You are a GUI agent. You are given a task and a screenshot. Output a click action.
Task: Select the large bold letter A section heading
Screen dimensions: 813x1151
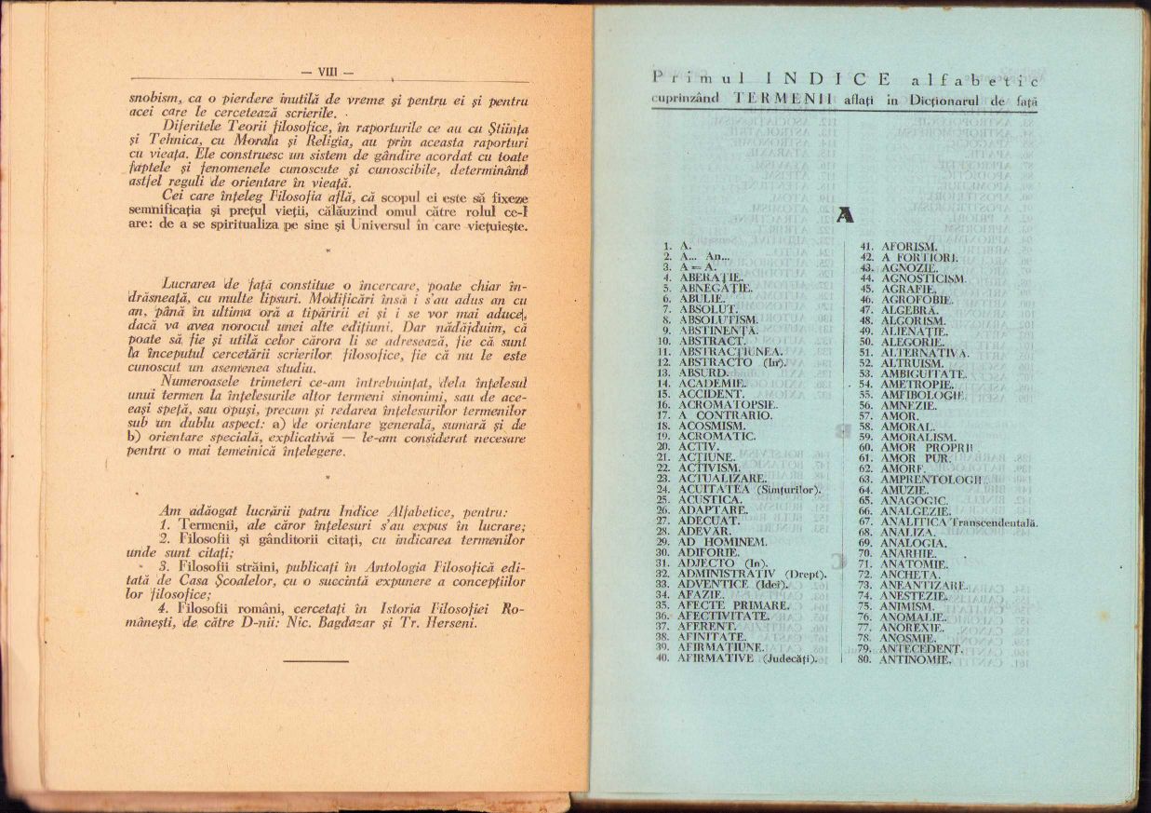(x=845, y=215)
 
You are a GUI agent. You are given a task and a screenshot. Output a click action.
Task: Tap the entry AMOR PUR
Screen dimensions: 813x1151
(x=916, y=458)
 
